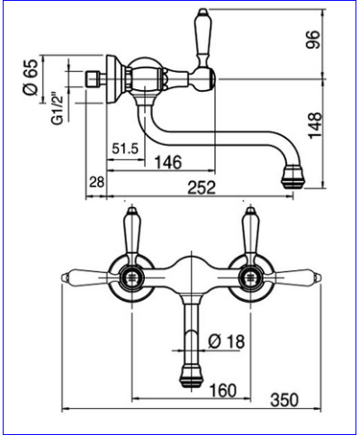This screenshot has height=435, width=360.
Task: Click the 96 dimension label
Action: click(x=313, y=40)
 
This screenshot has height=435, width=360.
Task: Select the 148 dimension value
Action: click(x=315, y=126)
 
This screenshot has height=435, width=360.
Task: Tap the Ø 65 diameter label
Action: click(x=31, y=77)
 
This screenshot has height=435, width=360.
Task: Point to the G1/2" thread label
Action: click(x=58, y=108)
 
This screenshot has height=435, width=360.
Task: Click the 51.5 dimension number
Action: click(x=125, y=149)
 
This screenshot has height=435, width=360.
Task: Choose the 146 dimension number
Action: click(x=168, y=162)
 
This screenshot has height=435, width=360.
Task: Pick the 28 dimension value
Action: click(x=96, y=182)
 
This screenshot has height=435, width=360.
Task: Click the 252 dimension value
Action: click(x=202, y=188)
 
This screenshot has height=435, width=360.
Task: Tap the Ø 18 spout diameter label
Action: click(x=227, y=341)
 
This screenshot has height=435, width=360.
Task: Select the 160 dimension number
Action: click(x=223, y=390)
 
